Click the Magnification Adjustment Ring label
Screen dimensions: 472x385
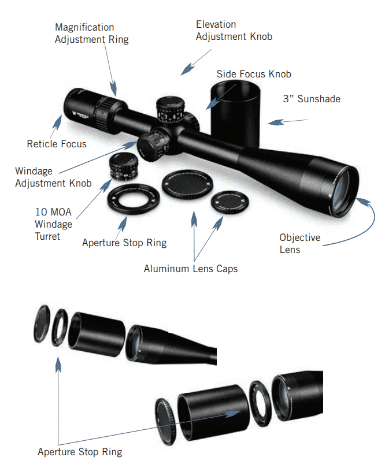point(91,34)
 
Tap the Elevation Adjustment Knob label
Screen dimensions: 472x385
point(234,31)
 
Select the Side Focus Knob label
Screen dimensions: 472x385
point(253,74)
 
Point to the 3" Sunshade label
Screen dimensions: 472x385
point(311,99)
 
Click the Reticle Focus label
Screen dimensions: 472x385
point(57,144)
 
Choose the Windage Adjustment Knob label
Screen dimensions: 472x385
point(53,177)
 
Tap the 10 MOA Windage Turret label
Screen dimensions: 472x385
point(53,224)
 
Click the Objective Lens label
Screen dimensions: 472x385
point(299,244)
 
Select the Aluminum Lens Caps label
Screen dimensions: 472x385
point(190,269)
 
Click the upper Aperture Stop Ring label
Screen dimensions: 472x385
point(124,243)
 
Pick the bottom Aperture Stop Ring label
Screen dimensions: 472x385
point(80,452)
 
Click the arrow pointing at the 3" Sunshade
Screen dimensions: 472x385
point(287,121)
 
